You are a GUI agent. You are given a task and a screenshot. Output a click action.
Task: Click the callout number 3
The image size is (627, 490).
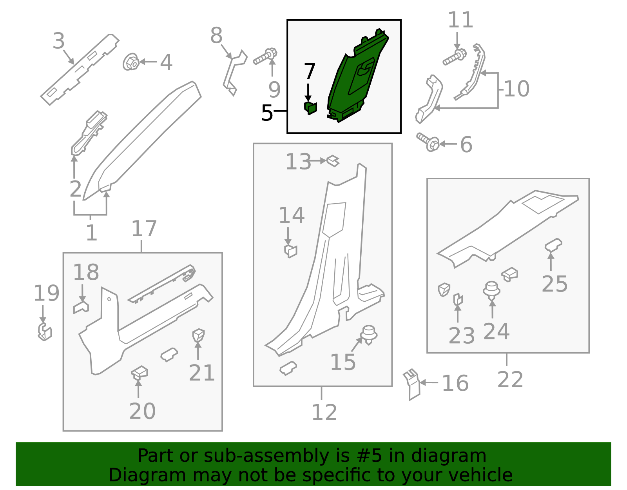tap(58, 41)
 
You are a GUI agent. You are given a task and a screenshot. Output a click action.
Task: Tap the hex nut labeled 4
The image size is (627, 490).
tap(131, 62)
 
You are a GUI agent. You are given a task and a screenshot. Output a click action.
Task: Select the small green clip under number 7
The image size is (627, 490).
tap(310, 108)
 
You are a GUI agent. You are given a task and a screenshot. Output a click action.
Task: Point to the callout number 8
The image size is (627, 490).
tap(216, 35)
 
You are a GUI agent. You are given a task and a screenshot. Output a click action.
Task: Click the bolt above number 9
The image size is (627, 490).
tap(265, 56)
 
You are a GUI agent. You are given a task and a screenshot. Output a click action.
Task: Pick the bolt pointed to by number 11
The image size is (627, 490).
tap(455, 57)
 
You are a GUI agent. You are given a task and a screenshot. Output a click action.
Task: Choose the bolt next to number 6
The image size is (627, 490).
tap(428, 142)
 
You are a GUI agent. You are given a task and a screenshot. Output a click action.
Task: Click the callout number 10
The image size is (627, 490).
tap(517, 89)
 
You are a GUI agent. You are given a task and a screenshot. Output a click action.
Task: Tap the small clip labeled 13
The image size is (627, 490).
tap(333, 161)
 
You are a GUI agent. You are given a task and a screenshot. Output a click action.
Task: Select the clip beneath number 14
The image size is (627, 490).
tap(290, 251)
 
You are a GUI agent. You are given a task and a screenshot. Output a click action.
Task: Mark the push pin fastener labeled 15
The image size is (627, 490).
tap(369, 335)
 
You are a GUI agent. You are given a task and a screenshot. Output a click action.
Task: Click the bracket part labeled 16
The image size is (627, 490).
tap(412, 384)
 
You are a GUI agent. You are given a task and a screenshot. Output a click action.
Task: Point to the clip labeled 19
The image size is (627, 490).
tap(45, 332)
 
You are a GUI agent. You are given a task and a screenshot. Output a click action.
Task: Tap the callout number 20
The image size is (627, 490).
tap(143, 411)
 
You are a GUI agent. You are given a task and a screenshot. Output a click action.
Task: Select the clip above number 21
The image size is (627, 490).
tap(199, 335)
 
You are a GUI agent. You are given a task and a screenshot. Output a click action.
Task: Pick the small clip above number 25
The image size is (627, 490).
tap(553, 245)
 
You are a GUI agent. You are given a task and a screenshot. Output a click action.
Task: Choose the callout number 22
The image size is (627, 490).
tap(510, 379)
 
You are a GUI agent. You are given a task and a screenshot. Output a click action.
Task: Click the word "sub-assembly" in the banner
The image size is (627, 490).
tap(266, 455)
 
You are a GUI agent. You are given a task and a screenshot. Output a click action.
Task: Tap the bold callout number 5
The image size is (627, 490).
tap(267, 113)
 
